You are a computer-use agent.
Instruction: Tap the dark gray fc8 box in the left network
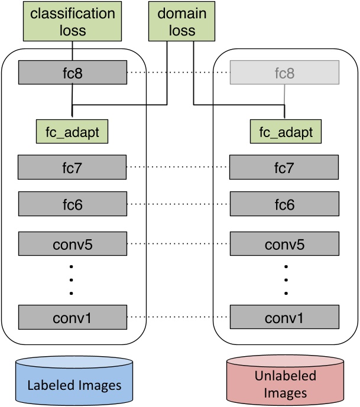72,74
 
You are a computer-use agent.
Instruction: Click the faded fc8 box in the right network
284,74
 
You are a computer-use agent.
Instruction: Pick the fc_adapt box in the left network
72,129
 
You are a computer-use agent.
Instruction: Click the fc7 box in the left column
72,168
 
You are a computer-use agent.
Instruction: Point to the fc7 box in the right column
284,168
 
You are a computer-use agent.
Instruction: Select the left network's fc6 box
72,204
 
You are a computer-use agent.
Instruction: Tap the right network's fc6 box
284,204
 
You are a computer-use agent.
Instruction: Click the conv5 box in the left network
72,243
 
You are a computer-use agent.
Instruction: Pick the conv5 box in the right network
284,243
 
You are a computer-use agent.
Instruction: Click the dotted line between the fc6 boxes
177,204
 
